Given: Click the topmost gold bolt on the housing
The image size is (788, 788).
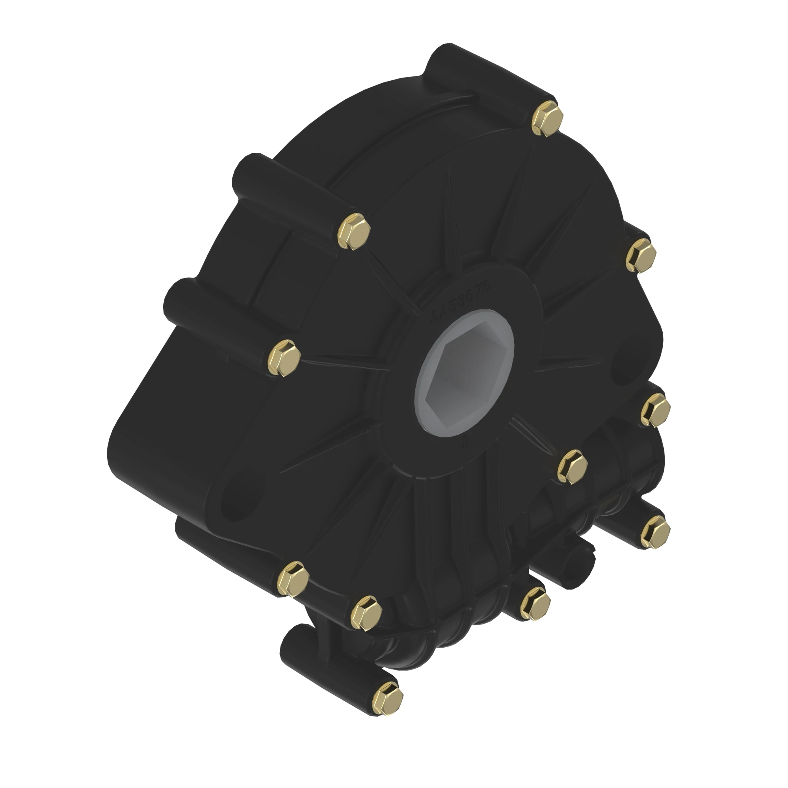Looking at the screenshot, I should coord(548,119).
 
